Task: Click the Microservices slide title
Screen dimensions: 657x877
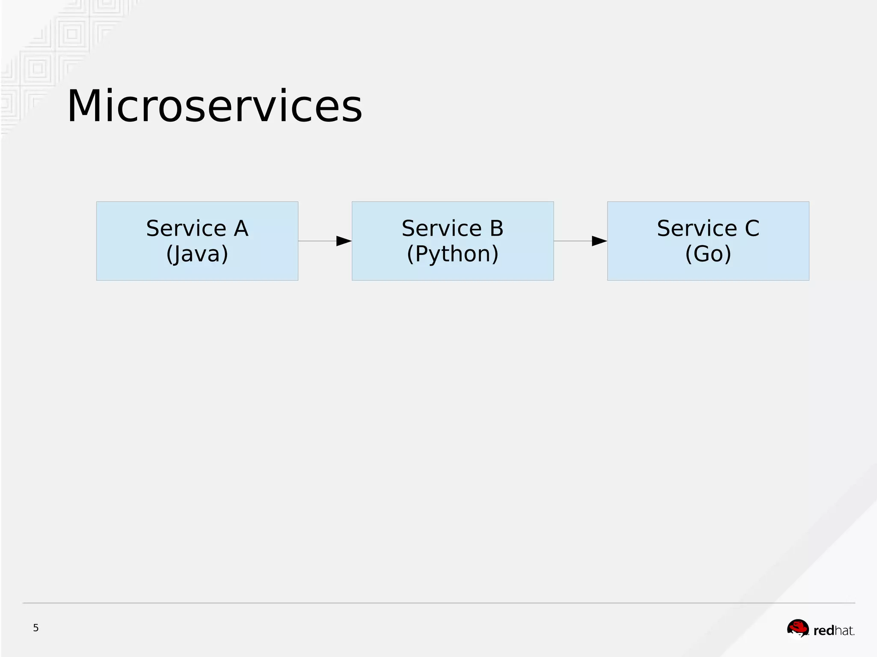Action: coord(215,106)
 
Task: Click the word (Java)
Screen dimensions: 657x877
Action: coord(197,254)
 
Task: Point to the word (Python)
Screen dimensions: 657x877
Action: coord(453,254)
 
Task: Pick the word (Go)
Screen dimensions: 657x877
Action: coord(708,254)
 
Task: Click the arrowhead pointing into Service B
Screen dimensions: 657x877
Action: coord(344,241)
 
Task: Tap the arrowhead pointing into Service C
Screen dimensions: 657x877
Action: coord(600,241)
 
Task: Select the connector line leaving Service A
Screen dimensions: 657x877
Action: coord(317,241)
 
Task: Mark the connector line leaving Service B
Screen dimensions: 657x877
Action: coord(573,241)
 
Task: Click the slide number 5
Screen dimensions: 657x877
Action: coord(36,628)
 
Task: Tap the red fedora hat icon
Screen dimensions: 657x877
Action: coord(798,629)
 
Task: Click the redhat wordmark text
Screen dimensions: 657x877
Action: coord(834,630)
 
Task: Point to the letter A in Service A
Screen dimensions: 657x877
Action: coord(241,228)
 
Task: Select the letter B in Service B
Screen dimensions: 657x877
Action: coord(496,228)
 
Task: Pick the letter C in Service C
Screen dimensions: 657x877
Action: coord(752,228)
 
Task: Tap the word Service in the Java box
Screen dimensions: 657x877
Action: coord(186,228)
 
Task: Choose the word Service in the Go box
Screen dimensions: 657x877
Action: coord(697,228)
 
